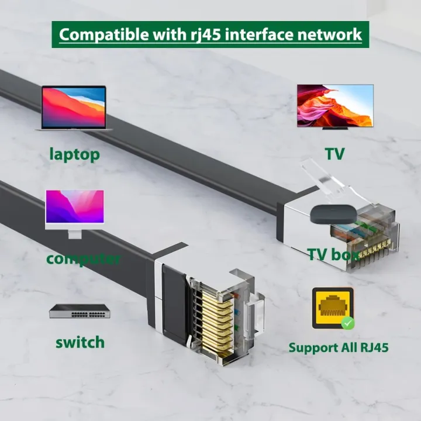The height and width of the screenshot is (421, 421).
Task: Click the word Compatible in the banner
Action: [103, 34]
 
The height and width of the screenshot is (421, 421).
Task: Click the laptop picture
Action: [74, 109]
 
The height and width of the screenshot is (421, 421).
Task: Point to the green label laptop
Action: [75, 154]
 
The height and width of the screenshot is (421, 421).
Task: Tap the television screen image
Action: [335, 105]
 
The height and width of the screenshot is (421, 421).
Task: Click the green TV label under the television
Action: [334, 154]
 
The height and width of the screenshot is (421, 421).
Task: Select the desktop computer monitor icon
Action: [75, 214]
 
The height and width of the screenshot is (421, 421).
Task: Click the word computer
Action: [83, 259]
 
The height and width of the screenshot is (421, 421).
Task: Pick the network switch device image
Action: [80, 311]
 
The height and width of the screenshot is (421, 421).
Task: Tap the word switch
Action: [80, 342]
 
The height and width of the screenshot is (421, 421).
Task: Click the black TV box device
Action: [334, 214]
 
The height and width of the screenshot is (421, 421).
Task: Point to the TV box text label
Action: [333, 254]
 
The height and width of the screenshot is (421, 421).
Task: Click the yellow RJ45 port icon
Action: [333, 308]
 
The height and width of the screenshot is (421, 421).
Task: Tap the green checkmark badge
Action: [348, 323]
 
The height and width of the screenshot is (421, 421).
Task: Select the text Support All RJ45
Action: [339, 347]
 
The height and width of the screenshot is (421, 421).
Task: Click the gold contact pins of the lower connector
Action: [217, 322]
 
